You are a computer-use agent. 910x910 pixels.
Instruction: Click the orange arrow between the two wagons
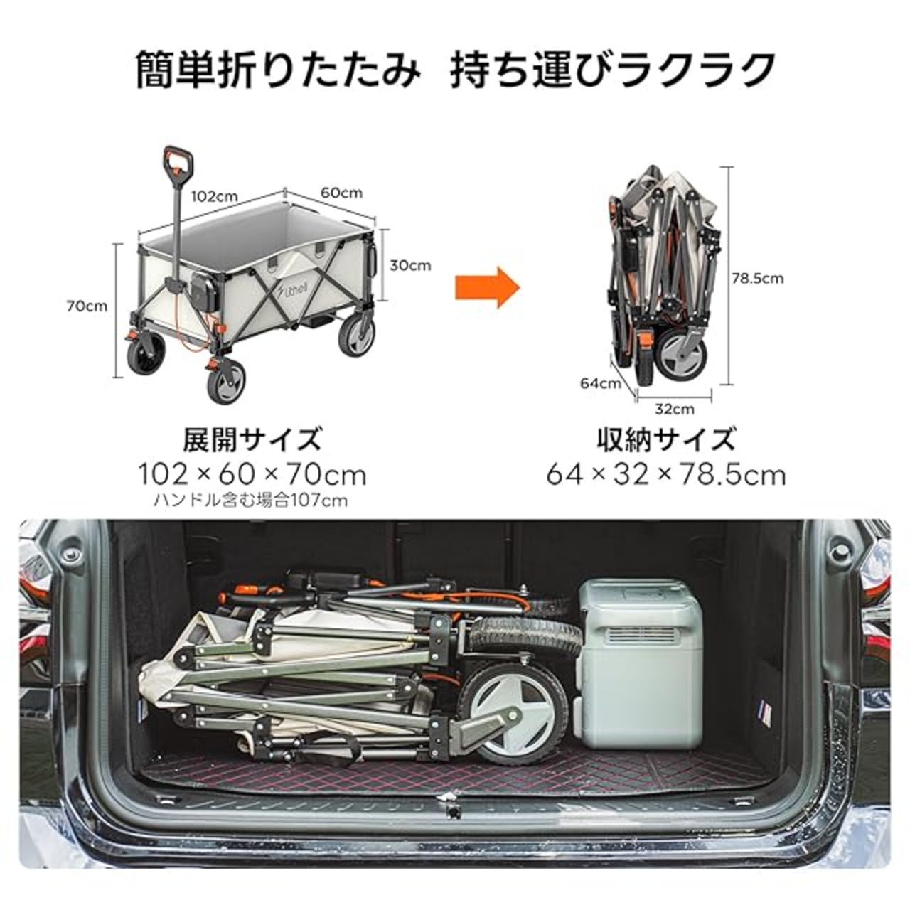(488, 287)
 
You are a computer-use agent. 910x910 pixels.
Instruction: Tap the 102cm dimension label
(214, 196)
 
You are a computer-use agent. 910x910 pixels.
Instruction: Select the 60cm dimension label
(341, 193)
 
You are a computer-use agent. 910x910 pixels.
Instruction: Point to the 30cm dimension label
(410, 265)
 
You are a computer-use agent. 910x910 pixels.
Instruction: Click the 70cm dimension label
(87, 306)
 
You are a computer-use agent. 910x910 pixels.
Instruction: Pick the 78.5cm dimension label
(757, 278)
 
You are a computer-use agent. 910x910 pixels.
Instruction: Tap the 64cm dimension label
(600, 383)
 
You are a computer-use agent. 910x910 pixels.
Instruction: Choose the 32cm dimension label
(675, 409)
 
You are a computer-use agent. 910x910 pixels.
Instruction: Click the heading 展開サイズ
(252, 439)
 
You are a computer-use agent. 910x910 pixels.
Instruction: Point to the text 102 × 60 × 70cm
(252, 475)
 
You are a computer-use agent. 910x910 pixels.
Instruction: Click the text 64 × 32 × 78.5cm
(666, 475)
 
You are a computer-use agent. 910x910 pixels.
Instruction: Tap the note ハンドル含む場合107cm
(250, 500)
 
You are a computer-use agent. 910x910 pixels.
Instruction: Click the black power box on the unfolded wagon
(204, 291)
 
